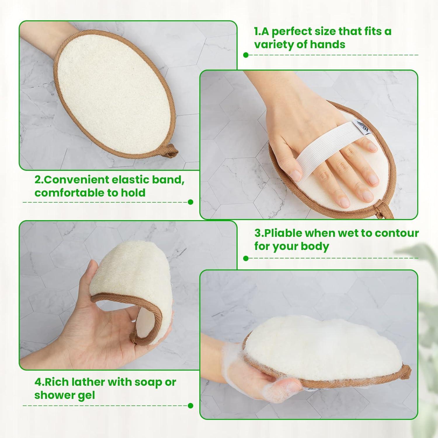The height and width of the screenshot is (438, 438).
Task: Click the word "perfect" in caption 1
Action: point(293,32)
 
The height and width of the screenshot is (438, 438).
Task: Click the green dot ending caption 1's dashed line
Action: point(246,55)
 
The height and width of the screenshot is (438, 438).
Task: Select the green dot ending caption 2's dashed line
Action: point(191,202)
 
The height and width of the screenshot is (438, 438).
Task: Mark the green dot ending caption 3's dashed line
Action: point(246,258)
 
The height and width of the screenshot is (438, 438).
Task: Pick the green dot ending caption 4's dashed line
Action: point(191,406)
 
